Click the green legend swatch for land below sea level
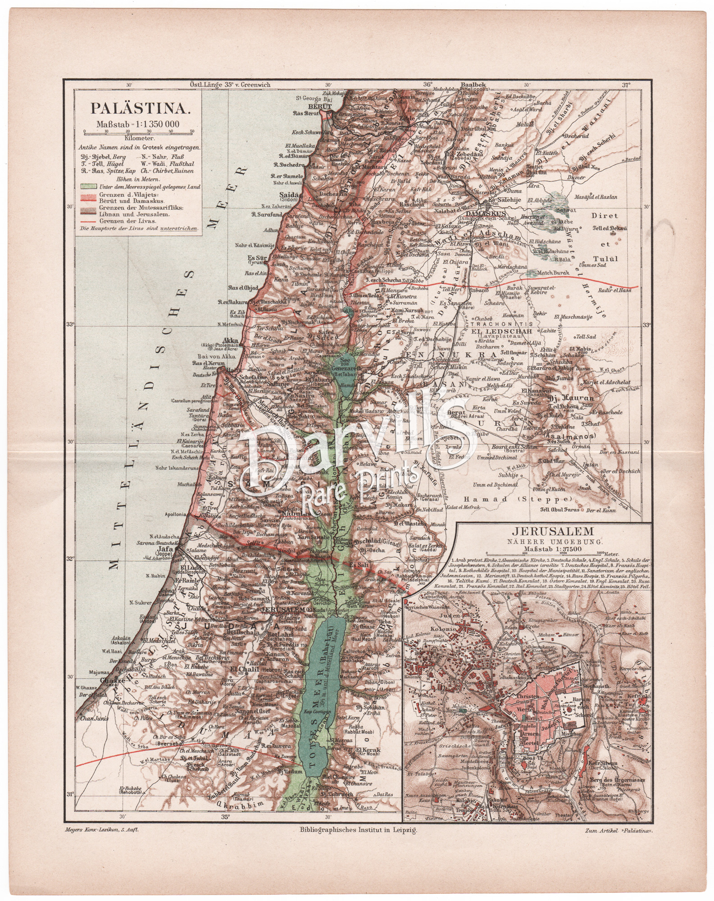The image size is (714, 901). [x=88, y=186]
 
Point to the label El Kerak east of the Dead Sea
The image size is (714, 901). [x=368, y=750]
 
